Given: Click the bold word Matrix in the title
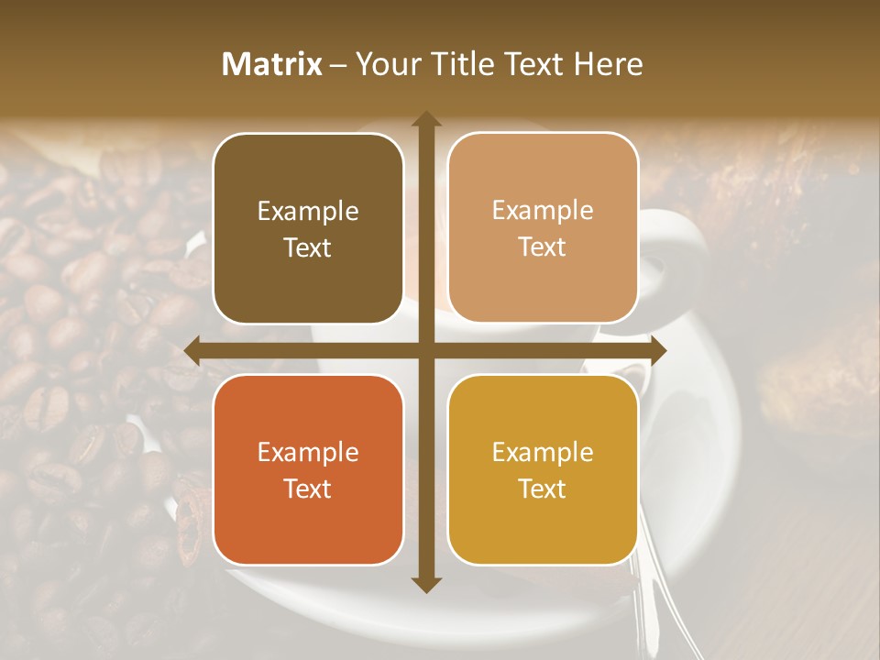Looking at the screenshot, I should pyautogui.click(x=272, y=64).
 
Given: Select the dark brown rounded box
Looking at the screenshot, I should pyautogui.click(x=308, y=228).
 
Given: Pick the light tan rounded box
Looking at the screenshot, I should pyautogui.click(x=543, y=228).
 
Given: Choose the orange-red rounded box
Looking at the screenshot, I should pyautogui.click(x=308, y=470).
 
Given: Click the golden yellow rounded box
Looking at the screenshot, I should pyautogui.click(x=543, y=470).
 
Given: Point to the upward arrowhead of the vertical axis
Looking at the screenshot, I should pyautogui.click(x=426, y=120).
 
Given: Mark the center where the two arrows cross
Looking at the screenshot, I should pyautogui.click(x=426, y=349).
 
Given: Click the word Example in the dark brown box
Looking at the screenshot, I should pyautogui.click(x=308, y=212).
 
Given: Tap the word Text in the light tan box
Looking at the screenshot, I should pyautogui.click(x=543, y=247).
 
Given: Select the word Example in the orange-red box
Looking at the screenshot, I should pyautogui.click(x=308, y=453).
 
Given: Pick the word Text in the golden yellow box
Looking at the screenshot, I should pyautogui.click(x=543, y=489).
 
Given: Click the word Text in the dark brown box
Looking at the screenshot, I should pyautogui.click(x=308, y=247).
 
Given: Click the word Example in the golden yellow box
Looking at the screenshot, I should pyautogui.click(x=543, y=453).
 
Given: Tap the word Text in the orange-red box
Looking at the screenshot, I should pyautogui.click(x=308, y=489).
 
